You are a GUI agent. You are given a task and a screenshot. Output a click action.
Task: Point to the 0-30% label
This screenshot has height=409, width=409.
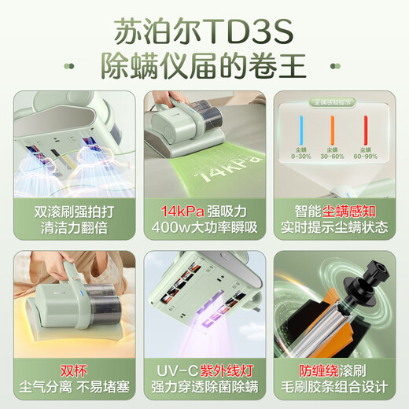pos(300,156)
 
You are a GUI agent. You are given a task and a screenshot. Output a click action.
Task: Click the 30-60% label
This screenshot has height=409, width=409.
pos(333,156)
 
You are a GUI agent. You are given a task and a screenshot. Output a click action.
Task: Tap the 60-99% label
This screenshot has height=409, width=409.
pos(365,156)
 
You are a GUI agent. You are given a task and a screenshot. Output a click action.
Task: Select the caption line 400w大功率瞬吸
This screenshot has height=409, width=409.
pos(204,228)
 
